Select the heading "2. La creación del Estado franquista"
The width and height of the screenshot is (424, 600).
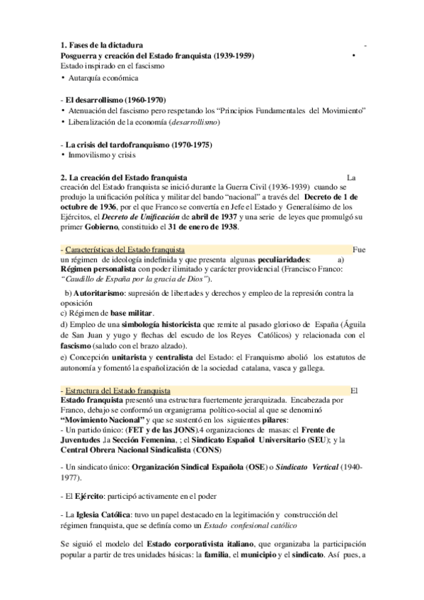pyautogui.click(x=124, y=176)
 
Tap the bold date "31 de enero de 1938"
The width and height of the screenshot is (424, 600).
pyautogui.click(x=202, y=229)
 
